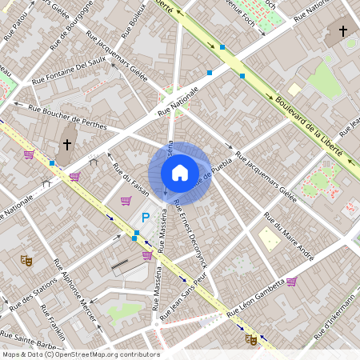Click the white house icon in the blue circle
179,172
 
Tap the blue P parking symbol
146,217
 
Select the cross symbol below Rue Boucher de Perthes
67,145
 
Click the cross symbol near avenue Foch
342,31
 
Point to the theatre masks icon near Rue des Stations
26,259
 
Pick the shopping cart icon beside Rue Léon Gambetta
291,282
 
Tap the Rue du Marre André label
288,235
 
